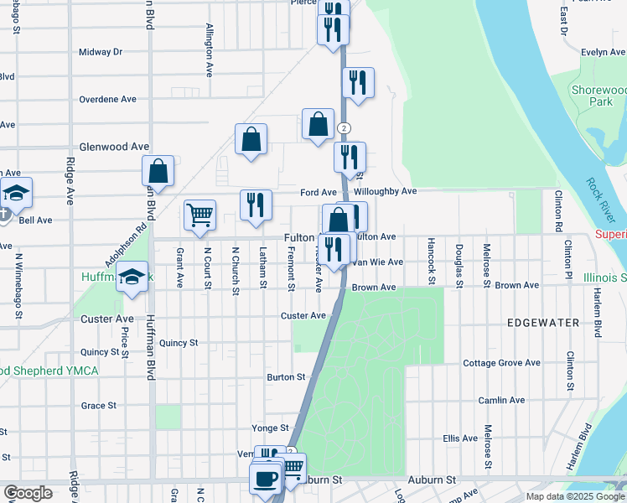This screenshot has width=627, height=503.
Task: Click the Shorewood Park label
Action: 597,96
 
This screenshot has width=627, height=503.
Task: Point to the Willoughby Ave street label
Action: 385,191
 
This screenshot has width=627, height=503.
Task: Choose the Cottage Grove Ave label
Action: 501,363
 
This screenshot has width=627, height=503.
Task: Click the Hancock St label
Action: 430,262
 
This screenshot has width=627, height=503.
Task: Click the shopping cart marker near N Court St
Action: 200,216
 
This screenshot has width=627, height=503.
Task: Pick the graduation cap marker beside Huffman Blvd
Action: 132,277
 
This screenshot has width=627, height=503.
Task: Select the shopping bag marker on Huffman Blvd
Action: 158,171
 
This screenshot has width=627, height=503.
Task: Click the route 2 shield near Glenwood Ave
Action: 344,128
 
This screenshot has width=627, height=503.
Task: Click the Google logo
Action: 28,493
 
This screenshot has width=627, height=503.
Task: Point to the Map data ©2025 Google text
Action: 575,496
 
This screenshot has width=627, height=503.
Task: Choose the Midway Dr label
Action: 100,52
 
